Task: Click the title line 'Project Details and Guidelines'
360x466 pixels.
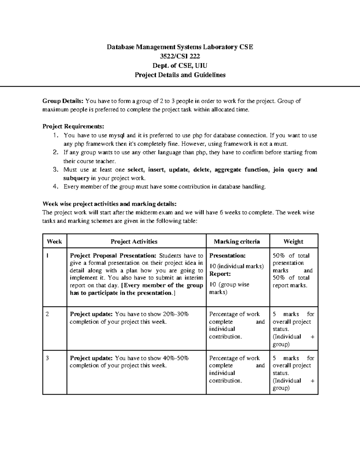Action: (x=180, y=75)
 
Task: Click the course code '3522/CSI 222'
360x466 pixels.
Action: (x=180, y=56)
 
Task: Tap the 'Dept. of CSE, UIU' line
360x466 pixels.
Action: (x=180, y=65)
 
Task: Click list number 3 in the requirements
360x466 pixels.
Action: (x=55, y=170)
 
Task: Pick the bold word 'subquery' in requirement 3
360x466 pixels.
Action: (x=76, y=178)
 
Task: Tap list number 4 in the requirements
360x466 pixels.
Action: (x=55, y=187)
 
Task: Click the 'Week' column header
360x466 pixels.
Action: (x=54, y=242)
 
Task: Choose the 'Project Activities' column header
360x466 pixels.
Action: (x=134, y=242)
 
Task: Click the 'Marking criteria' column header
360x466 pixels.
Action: (x=237, y=242)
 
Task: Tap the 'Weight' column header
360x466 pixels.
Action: (x=293, y=242)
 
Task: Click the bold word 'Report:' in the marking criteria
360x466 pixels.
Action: (x=220, y=274)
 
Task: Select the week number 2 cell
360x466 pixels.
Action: (x=47, y=314)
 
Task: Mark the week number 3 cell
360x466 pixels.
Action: (x=47, y=358)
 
